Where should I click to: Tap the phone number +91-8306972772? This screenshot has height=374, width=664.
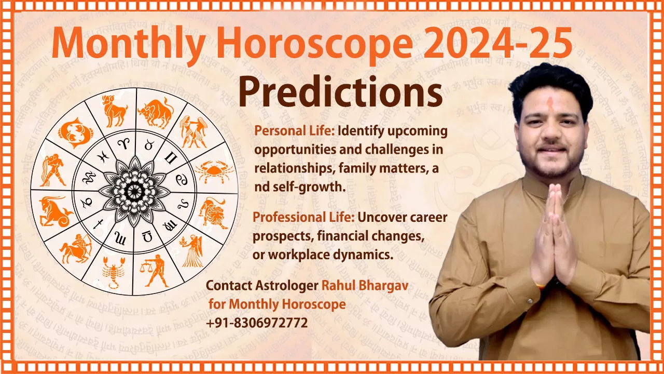tap(257, 323)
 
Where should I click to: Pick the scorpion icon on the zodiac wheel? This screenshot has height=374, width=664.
tap(111, 271)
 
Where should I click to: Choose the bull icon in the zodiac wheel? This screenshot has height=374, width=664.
tap(156, 111)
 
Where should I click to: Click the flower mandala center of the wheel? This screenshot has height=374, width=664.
tap(134, 191)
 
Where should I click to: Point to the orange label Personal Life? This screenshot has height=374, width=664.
tap(294, 131)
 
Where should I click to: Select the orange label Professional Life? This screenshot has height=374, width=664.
tap(303, 217)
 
